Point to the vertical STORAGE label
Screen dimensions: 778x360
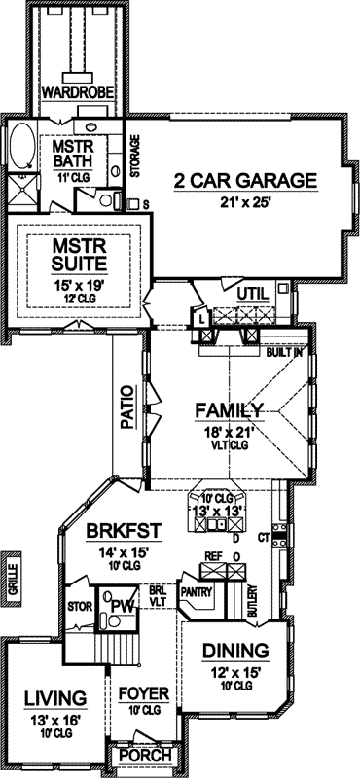(135, 157)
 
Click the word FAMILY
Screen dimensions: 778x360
(228, 409)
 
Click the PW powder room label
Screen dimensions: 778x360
(122, 608)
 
